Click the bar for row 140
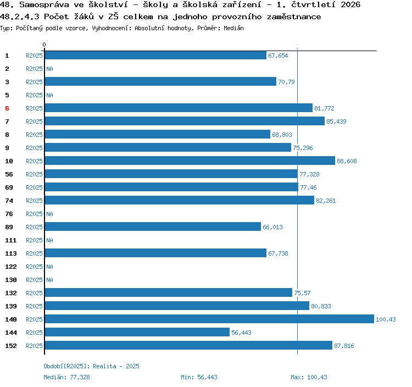pos(209,319)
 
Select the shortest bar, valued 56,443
pos(137,332)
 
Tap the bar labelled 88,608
pos(190,161)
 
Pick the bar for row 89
pos(153,226)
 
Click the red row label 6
pos(7,108)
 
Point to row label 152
pos(11,346)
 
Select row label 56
pos(9,174)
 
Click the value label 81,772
pos(324,108)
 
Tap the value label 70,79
pos(286,82)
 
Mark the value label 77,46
pos(308,187)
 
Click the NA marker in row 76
pos(49,214)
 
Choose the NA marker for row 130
pos(49,280)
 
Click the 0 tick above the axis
pos(44,45)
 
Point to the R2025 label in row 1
pos(34,56)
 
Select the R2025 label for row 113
pos(34,253)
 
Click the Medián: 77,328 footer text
pos(66,377)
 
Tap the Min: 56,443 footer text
pos(199,377)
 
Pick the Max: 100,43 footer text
pos(309,377)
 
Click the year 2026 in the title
pos(350,4)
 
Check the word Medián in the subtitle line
pos(233,28)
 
